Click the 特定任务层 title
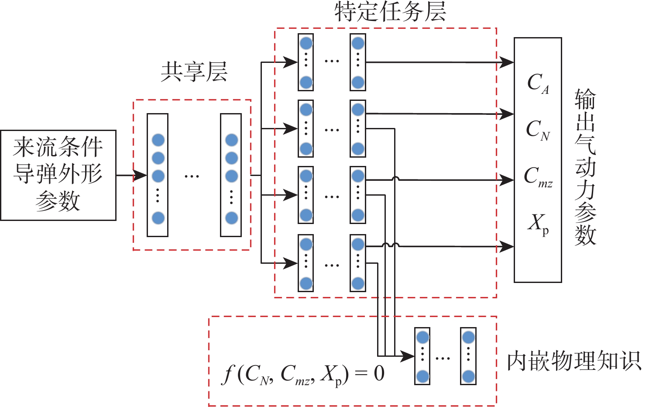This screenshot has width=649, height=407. point(390,12)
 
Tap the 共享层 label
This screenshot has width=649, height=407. point(194,72)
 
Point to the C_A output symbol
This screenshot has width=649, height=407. point(538,83)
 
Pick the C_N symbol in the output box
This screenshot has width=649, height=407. point(538,130)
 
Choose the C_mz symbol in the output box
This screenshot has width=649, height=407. point(538,177)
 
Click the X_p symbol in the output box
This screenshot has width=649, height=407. point(538,224)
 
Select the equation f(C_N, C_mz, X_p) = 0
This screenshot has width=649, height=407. point(304,375)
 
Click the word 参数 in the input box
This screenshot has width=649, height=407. point(58,201)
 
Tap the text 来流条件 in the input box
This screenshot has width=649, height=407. point(58,147)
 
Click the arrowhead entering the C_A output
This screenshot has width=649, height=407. point(507,62)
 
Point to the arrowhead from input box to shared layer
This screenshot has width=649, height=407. point(140,176)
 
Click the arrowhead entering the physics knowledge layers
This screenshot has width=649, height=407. point(407,356)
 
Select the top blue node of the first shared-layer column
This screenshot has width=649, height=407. point(158,140)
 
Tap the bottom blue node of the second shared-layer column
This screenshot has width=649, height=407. point(231,217)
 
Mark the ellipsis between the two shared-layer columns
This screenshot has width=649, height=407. point(192,176)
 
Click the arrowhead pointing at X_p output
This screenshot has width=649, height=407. point(507,247)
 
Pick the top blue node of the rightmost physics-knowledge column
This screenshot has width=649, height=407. point(468,337)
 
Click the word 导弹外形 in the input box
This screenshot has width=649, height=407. point(58,174)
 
